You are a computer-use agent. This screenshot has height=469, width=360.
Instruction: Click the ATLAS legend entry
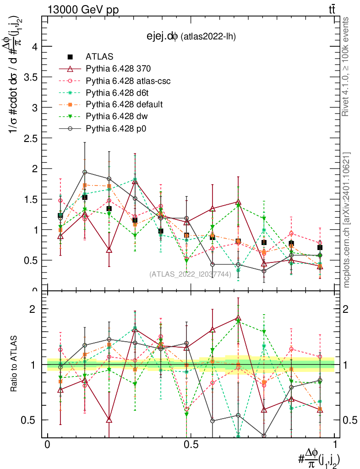pos(99,57)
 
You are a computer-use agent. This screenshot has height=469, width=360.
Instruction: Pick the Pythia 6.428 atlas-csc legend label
pos(128,81)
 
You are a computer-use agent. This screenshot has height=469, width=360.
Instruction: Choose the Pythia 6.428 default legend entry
pos(124,104)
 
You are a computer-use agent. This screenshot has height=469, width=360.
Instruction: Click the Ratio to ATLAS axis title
pos(14,364)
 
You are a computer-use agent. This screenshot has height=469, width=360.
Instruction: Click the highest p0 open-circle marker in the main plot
pos(85,172)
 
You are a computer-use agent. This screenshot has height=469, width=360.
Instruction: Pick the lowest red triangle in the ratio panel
pos(109,420)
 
